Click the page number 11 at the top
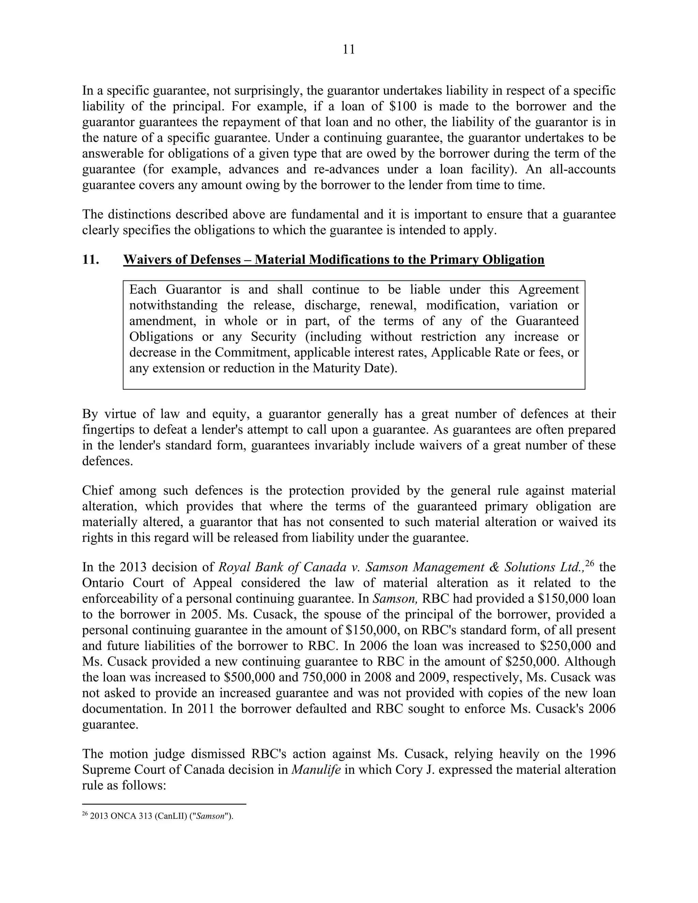click(x=349, y=50)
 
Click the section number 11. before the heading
click(x=91, y=260)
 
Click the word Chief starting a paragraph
click(x=97, y=491)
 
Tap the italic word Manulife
click(x=316, y=770)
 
